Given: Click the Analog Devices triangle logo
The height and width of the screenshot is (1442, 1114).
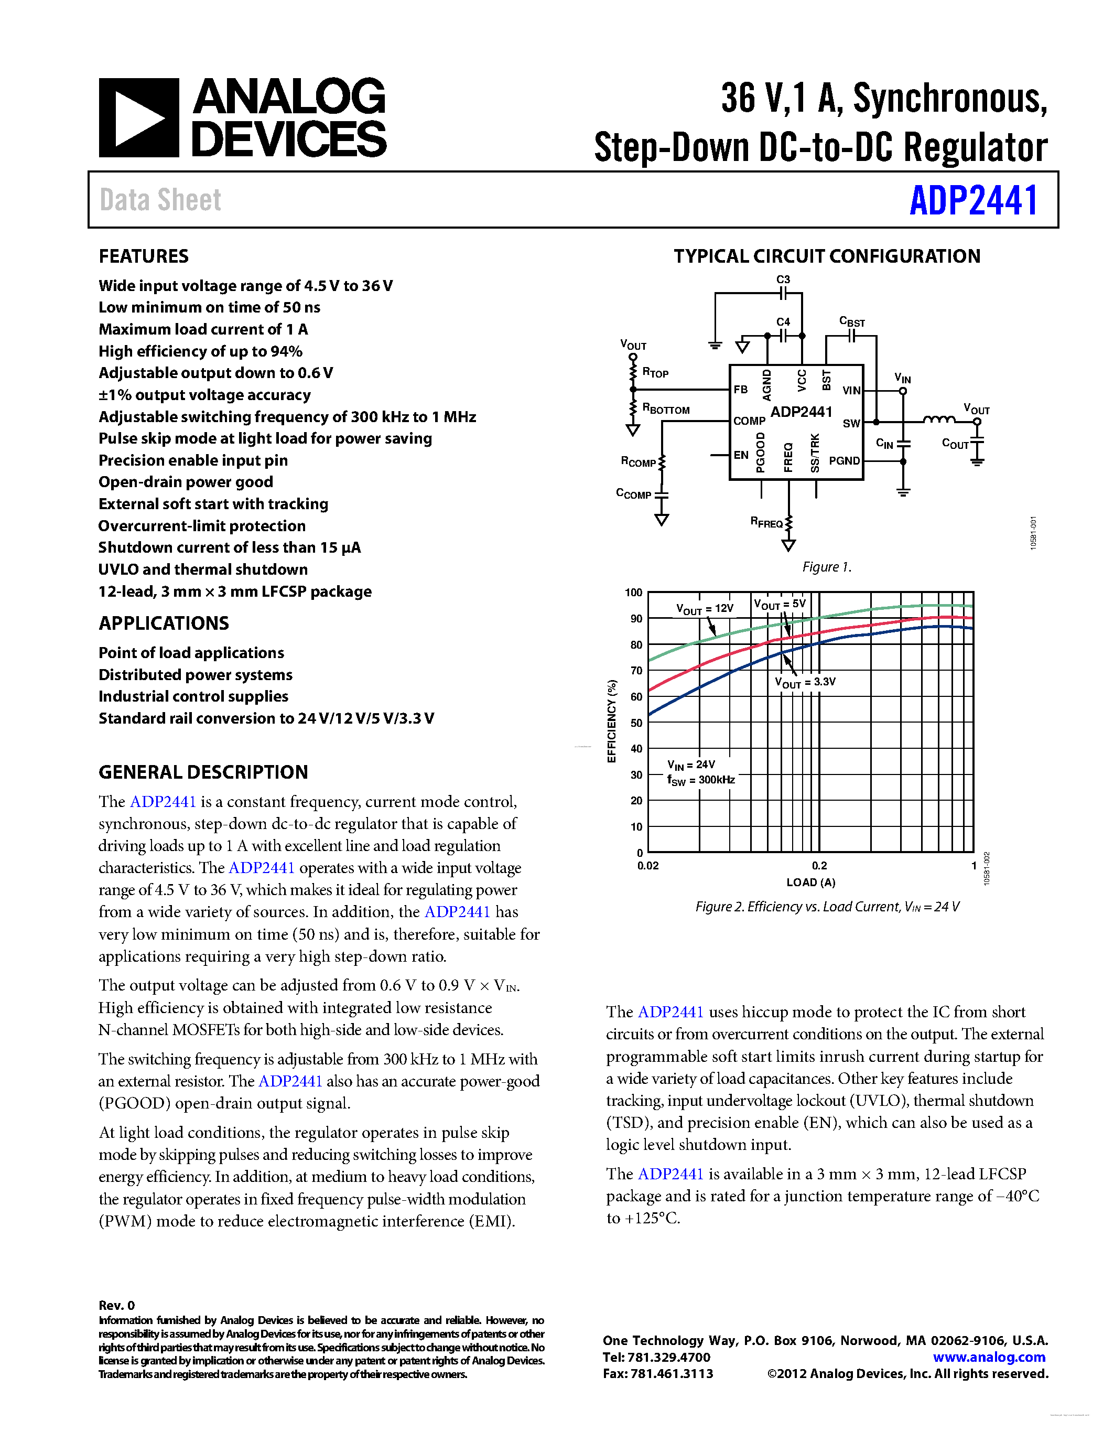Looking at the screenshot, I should click(x=138, y=117).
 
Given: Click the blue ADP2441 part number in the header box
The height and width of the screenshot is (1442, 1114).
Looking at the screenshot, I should click(x=973, y=200).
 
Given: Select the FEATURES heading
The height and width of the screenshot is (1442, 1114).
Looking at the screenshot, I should click(x=143, y=256).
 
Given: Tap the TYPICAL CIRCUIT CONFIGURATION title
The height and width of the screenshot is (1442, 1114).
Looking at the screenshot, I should click(x=826, y=256).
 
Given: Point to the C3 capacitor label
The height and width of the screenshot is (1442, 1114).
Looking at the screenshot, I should click(x=783, y=280).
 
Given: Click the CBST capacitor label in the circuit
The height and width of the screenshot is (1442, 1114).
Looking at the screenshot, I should click(x=851, y=322).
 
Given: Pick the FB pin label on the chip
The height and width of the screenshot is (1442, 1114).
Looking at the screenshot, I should click(x=740, y=390).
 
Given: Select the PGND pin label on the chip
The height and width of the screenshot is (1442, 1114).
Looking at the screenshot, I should click(x=844, y=461).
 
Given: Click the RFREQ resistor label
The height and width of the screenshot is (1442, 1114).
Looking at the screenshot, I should click(x=766, y=522).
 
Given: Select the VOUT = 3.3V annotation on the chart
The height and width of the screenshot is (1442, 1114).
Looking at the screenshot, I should click(x=805, y=682).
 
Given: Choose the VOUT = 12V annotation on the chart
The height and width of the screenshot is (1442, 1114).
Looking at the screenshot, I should click(x=704, y=609).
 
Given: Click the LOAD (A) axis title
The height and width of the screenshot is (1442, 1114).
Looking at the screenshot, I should click(x=810, y=883).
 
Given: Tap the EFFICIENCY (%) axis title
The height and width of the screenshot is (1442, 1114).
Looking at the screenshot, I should click(x=612, y=721).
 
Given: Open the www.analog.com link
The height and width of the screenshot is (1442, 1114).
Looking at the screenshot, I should click(x=989, y=1358).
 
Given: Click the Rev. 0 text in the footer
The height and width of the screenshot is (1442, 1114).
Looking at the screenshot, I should click(x=116, y=1305).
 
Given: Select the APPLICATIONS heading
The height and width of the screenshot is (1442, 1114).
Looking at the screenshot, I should click(x=164, y=623).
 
